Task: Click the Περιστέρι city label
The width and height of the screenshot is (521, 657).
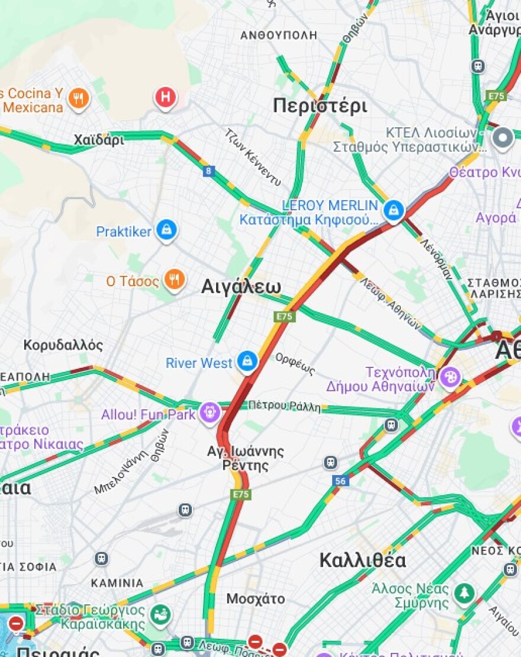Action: click(320, 106)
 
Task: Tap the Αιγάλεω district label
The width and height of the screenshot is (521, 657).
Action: click(241, 287)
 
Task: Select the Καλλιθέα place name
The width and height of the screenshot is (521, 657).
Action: click(362, 560)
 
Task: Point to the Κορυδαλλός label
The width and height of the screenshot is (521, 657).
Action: click(63, 345)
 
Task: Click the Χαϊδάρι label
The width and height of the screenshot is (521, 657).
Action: click(99, 140)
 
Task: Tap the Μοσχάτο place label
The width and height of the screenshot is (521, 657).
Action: click(255, 598)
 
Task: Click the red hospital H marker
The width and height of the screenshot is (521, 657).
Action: click(166, 97)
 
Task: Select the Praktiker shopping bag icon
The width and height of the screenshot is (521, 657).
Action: click(167, 230)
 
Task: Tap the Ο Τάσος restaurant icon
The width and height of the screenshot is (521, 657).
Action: click(174, 280)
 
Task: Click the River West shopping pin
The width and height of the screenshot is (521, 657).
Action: click(247, 361)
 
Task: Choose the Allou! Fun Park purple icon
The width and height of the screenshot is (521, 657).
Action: click(210, 413)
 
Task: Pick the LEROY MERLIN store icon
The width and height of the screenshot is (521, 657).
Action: click(393, 210)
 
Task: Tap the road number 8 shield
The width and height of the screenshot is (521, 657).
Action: click(208, 171)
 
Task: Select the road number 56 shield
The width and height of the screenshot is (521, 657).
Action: click(340, 481)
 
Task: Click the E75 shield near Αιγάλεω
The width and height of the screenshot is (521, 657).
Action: click(284, 317)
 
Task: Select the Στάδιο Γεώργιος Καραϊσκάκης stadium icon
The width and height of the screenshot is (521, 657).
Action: click(159, 614)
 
